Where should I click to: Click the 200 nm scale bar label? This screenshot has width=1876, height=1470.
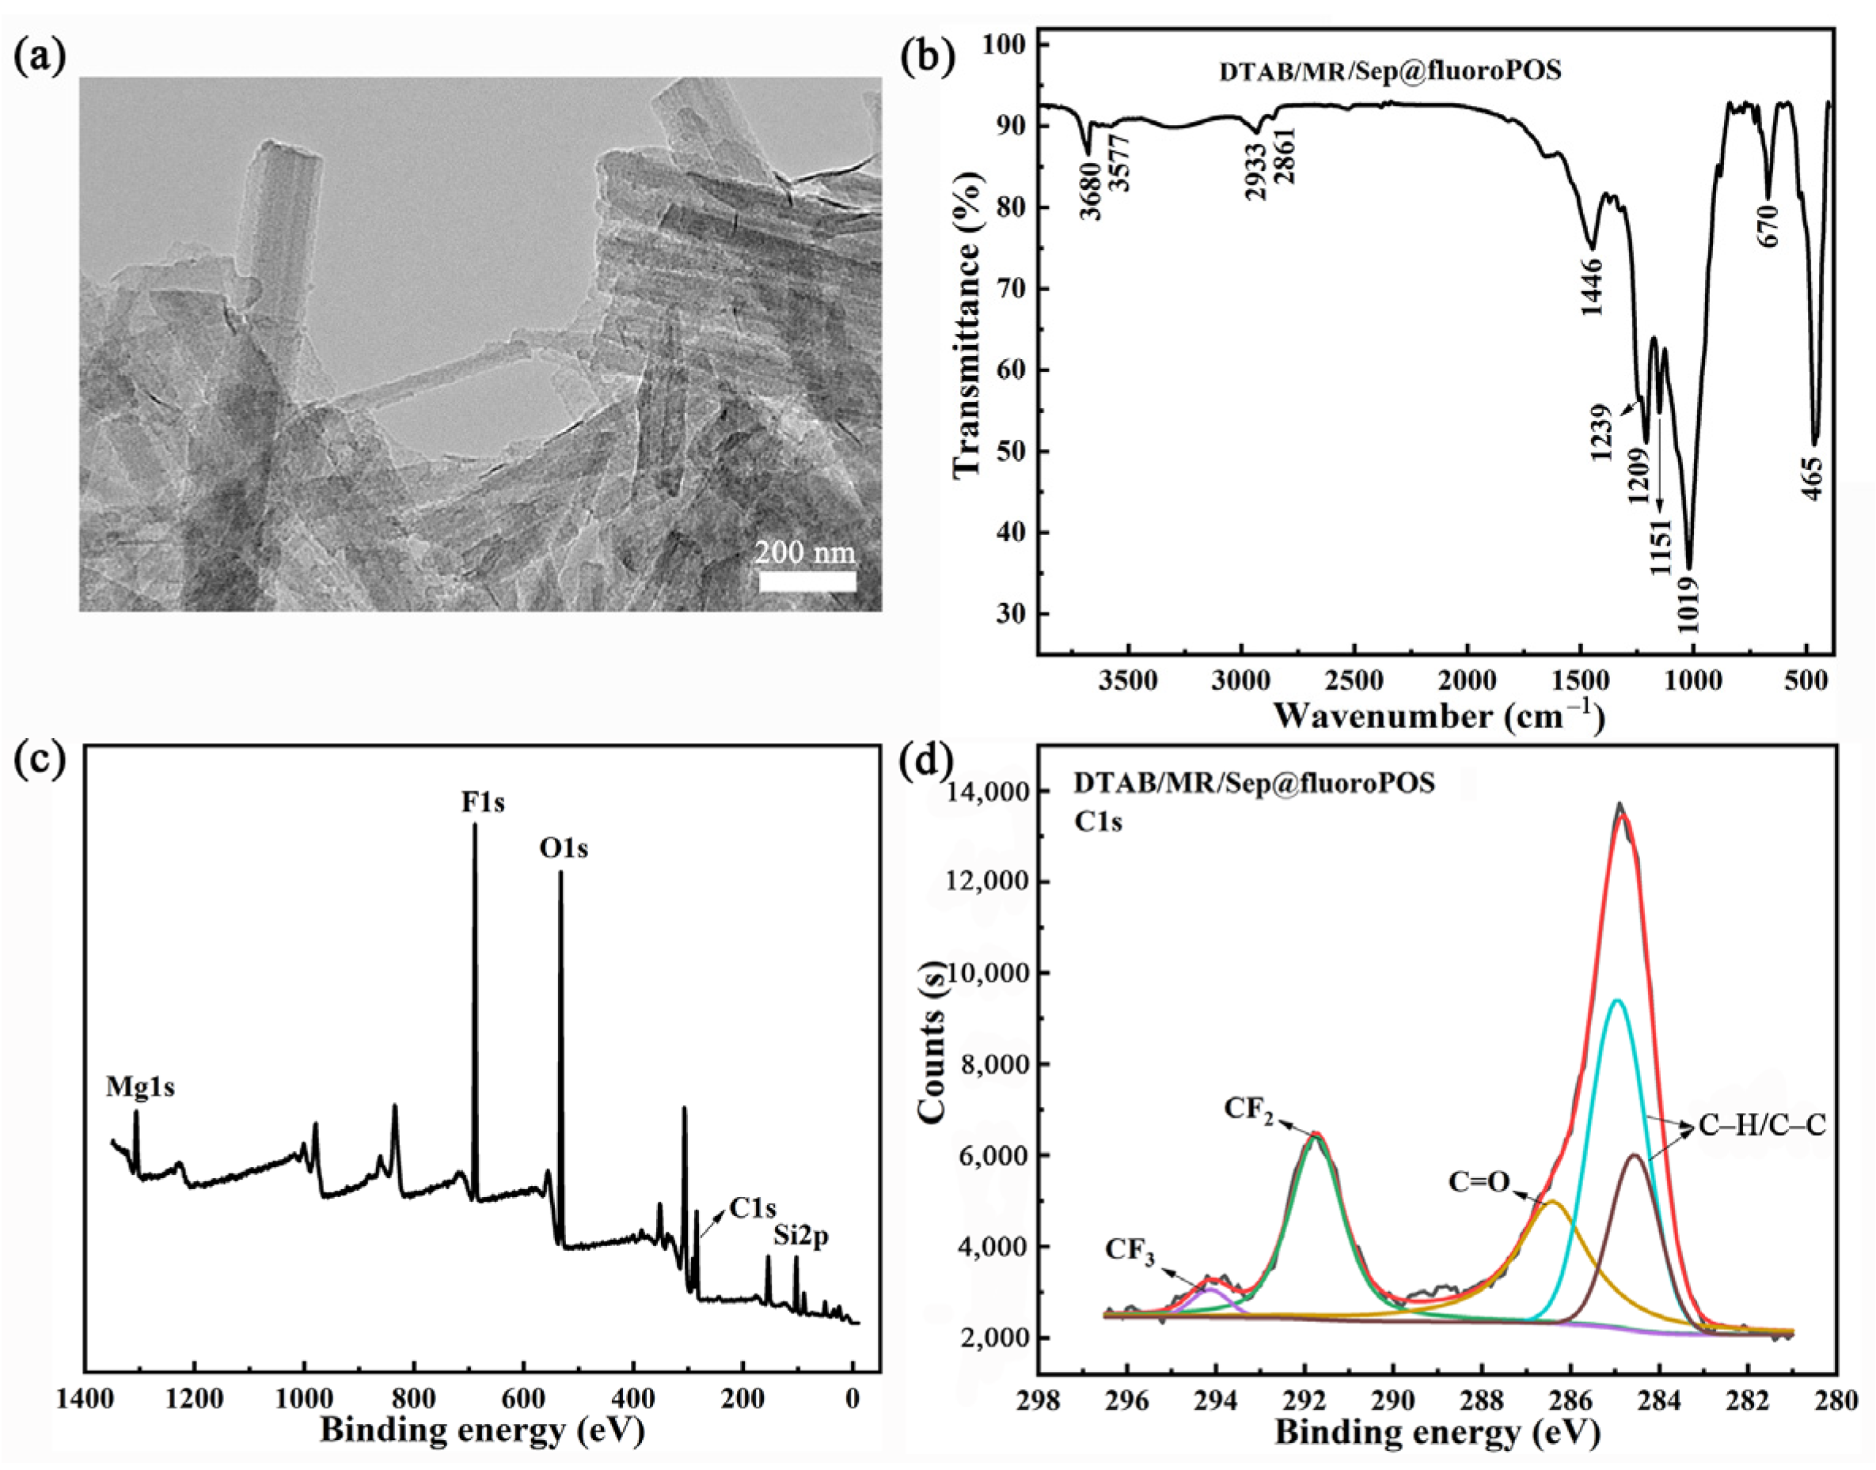(x=805, y=551)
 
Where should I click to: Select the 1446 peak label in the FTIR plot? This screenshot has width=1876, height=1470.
(x=1592, y=286)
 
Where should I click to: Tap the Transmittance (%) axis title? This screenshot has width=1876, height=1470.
(x=969, y=323)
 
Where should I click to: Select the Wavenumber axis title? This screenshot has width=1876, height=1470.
(x=1437, y=716)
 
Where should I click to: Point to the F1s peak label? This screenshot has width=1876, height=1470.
(x=483, y=803)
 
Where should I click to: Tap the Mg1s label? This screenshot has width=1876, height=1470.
(x=140, y=1088)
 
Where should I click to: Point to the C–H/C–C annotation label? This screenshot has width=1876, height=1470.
(x=1761, y=1126)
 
